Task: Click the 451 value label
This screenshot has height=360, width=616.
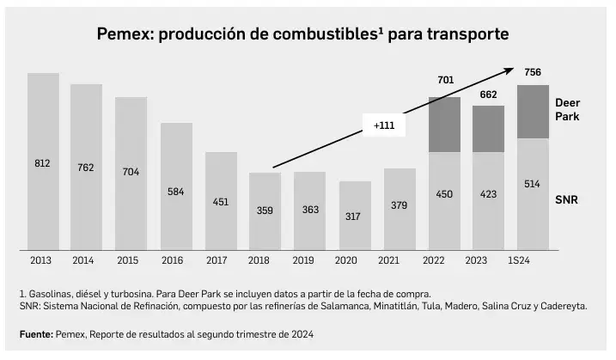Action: click(x=220, y=203)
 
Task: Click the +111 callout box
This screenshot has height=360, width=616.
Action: click(x=384, y=125)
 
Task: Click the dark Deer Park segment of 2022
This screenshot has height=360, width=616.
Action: click(x=444, y=125)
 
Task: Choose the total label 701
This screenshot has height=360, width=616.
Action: click(x=445, y=81)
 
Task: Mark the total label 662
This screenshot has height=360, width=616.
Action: click(x=489, y=95)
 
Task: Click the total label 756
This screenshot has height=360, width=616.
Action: click(x=533, y=72)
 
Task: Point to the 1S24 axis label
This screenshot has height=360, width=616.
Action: click(x=533, y=260)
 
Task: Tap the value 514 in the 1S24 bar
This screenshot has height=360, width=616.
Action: click(x=533, y=183)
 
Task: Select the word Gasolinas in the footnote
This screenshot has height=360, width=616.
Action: click(x=53, y=294)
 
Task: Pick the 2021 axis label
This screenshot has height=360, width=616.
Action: click(x=399, y=260)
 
